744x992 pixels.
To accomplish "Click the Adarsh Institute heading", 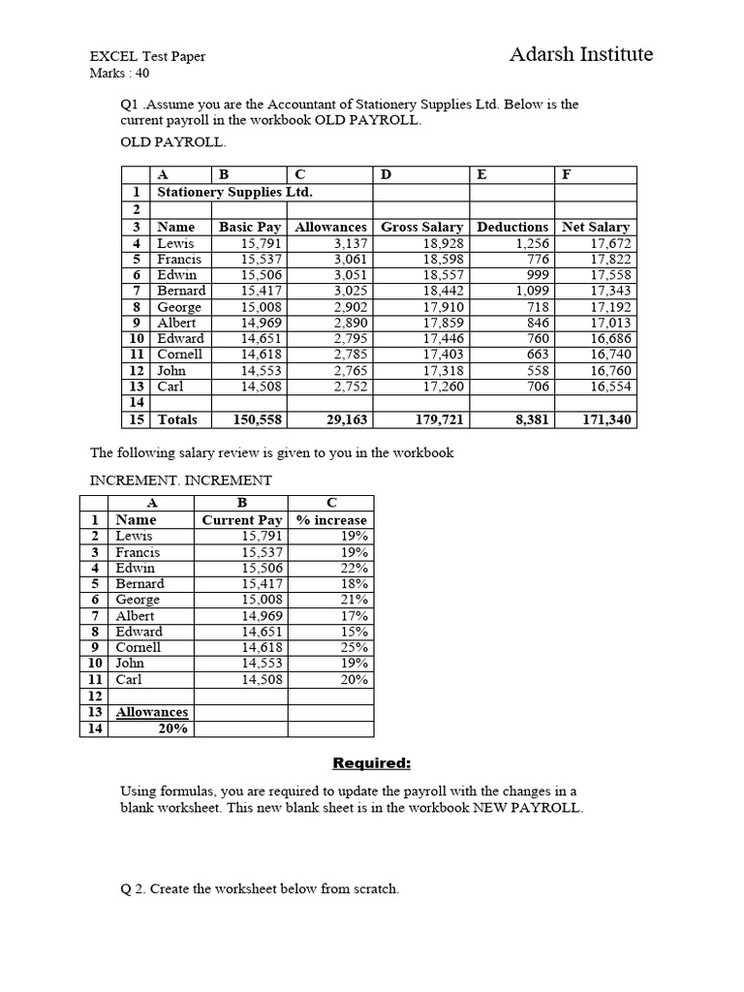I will click(x=580, y=54).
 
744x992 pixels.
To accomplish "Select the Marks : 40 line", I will click(x=119, y=73).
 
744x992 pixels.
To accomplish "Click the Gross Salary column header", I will click(x=421, y=227).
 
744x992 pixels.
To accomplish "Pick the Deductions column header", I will click(x=511, y=227).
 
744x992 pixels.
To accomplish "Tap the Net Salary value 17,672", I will click(x=609, y=243).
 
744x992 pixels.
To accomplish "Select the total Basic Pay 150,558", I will click(x=250, y=419).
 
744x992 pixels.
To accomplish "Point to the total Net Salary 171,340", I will click(x=604, y=419).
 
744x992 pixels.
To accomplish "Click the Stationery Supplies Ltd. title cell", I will click(x=234, y=192).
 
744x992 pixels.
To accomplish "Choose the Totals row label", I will click(x=177, y=419).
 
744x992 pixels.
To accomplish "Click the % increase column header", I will click(x=330, y=519).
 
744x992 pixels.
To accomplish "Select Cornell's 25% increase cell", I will click(x=354, y=647).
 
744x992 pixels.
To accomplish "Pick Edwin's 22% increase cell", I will click(x=354, y=568).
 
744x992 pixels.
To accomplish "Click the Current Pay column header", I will click(x=241, y=519).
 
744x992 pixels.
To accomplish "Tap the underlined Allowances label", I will click(x=152, y=712).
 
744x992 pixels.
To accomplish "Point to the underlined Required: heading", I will click(x=371, y=762).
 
